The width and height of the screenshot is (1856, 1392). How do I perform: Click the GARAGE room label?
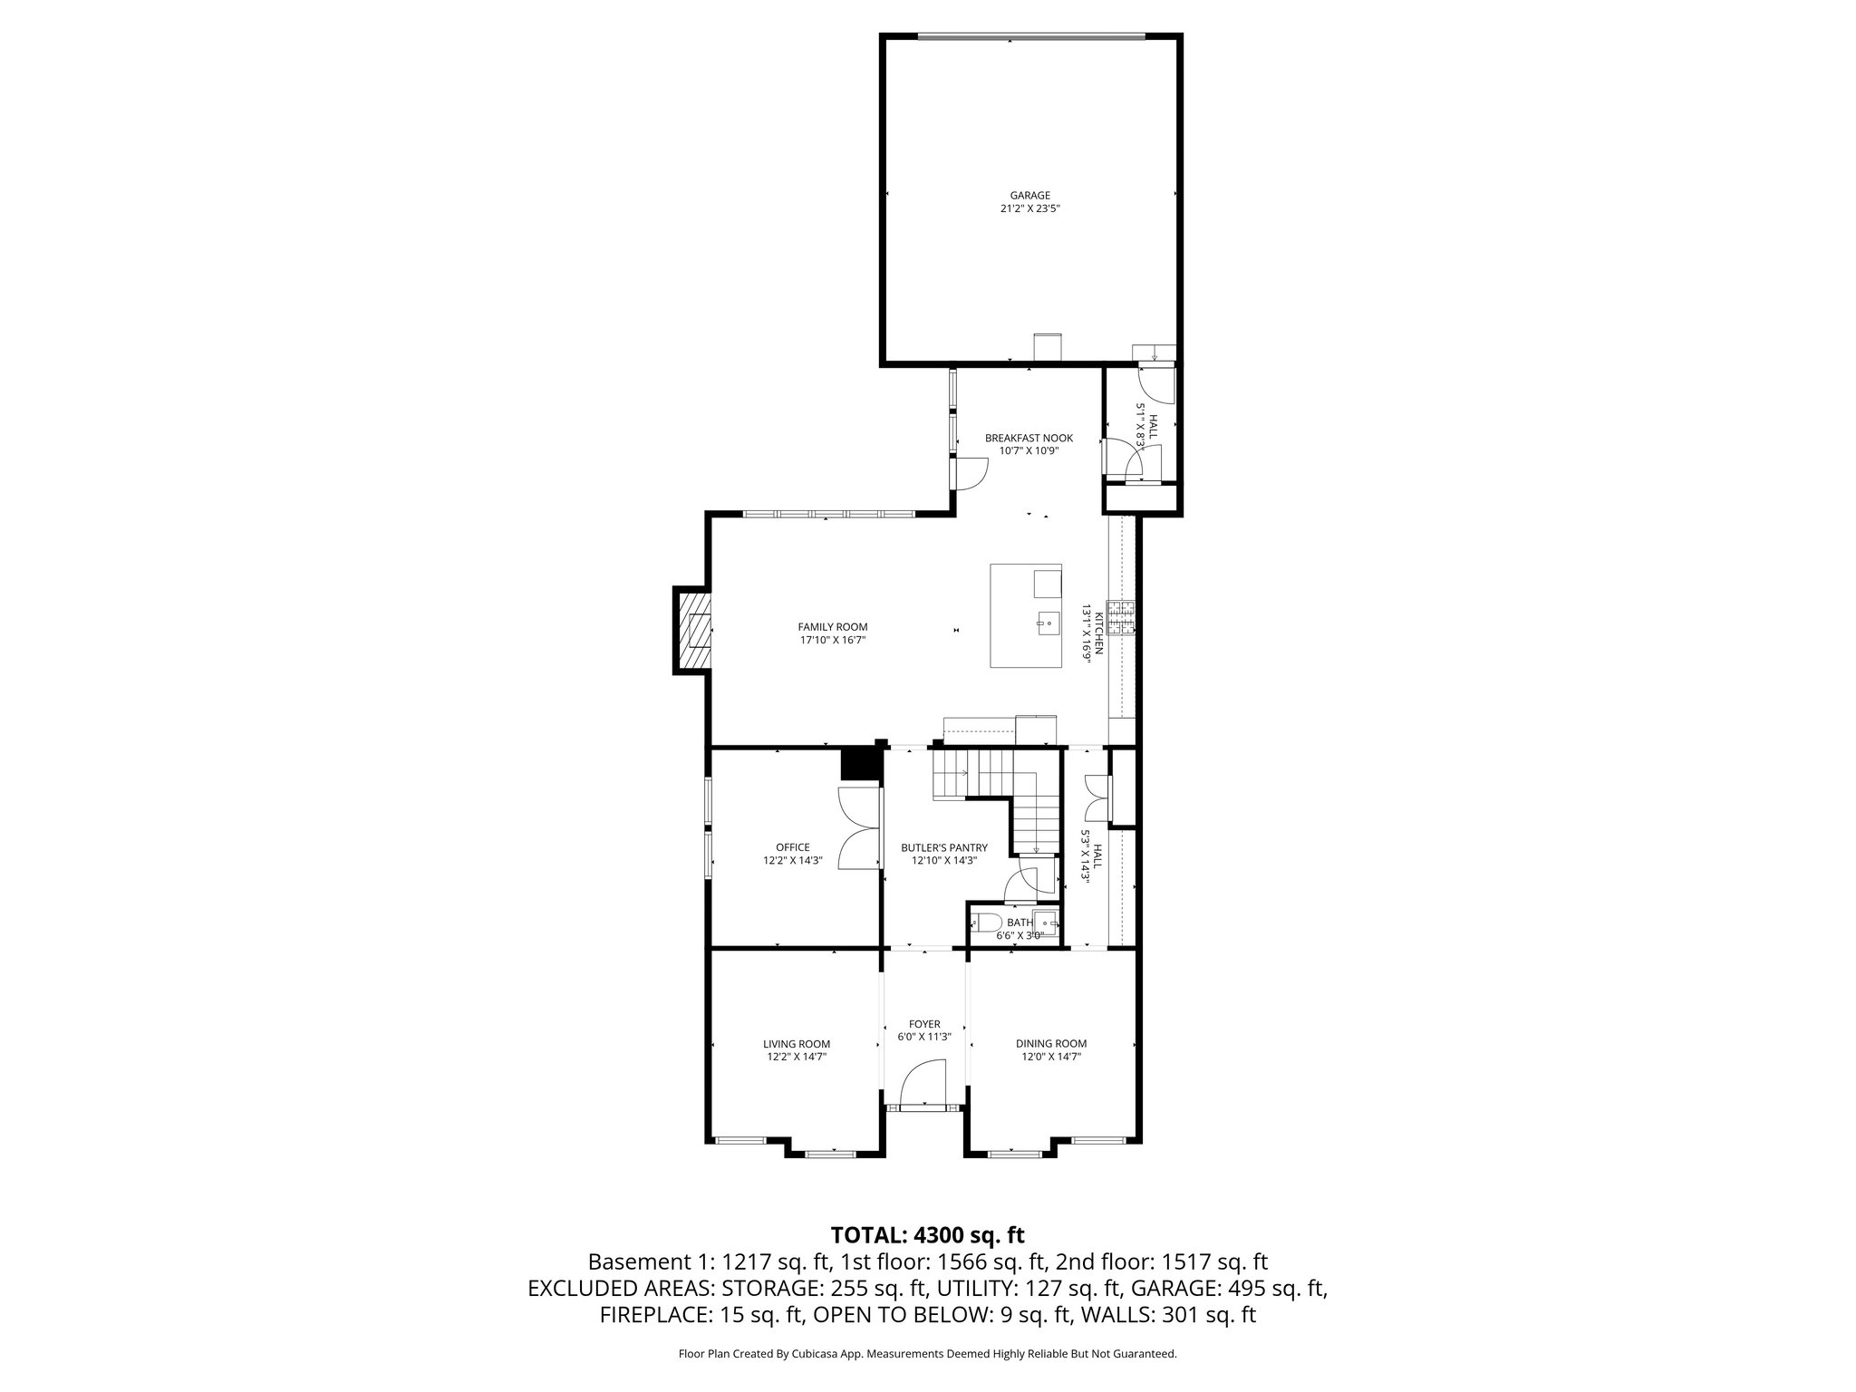click(1029, 195)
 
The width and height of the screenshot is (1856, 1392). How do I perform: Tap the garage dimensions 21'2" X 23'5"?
click(1029, 208)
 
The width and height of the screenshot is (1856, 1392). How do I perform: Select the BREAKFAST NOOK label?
click(1029, 438)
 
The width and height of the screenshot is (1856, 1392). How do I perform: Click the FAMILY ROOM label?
click(832, 626)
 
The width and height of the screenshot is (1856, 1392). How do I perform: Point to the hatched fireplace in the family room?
click(692, 631)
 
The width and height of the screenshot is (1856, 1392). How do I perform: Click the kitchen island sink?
click(1049, 622)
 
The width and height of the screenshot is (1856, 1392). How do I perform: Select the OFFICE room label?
click(792, 847)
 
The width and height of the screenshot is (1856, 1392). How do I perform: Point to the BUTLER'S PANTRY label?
click(943, 848)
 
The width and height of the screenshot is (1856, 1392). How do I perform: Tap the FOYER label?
click(924, 1024)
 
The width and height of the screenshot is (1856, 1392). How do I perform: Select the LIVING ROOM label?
click(796, 1044)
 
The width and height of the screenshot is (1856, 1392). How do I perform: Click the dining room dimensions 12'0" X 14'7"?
click(1050, 1057)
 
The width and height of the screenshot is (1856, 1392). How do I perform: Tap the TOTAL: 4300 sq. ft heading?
click(927, 1234)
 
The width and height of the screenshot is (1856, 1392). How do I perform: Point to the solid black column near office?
click(860, 762)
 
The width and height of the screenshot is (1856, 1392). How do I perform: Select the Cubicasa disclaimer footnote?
click(927, 1354)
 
